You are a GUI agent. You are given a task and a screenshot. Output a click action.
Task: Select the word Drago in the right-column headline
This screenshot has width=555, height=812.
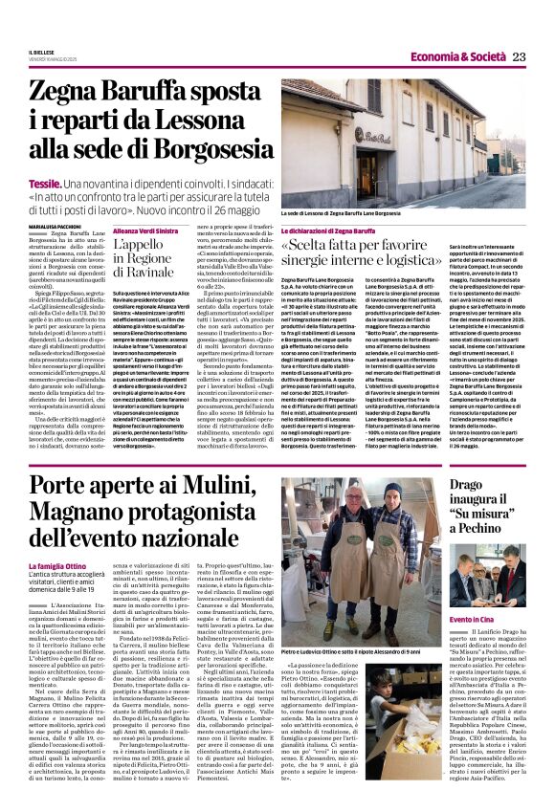[x=475, y=489]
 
